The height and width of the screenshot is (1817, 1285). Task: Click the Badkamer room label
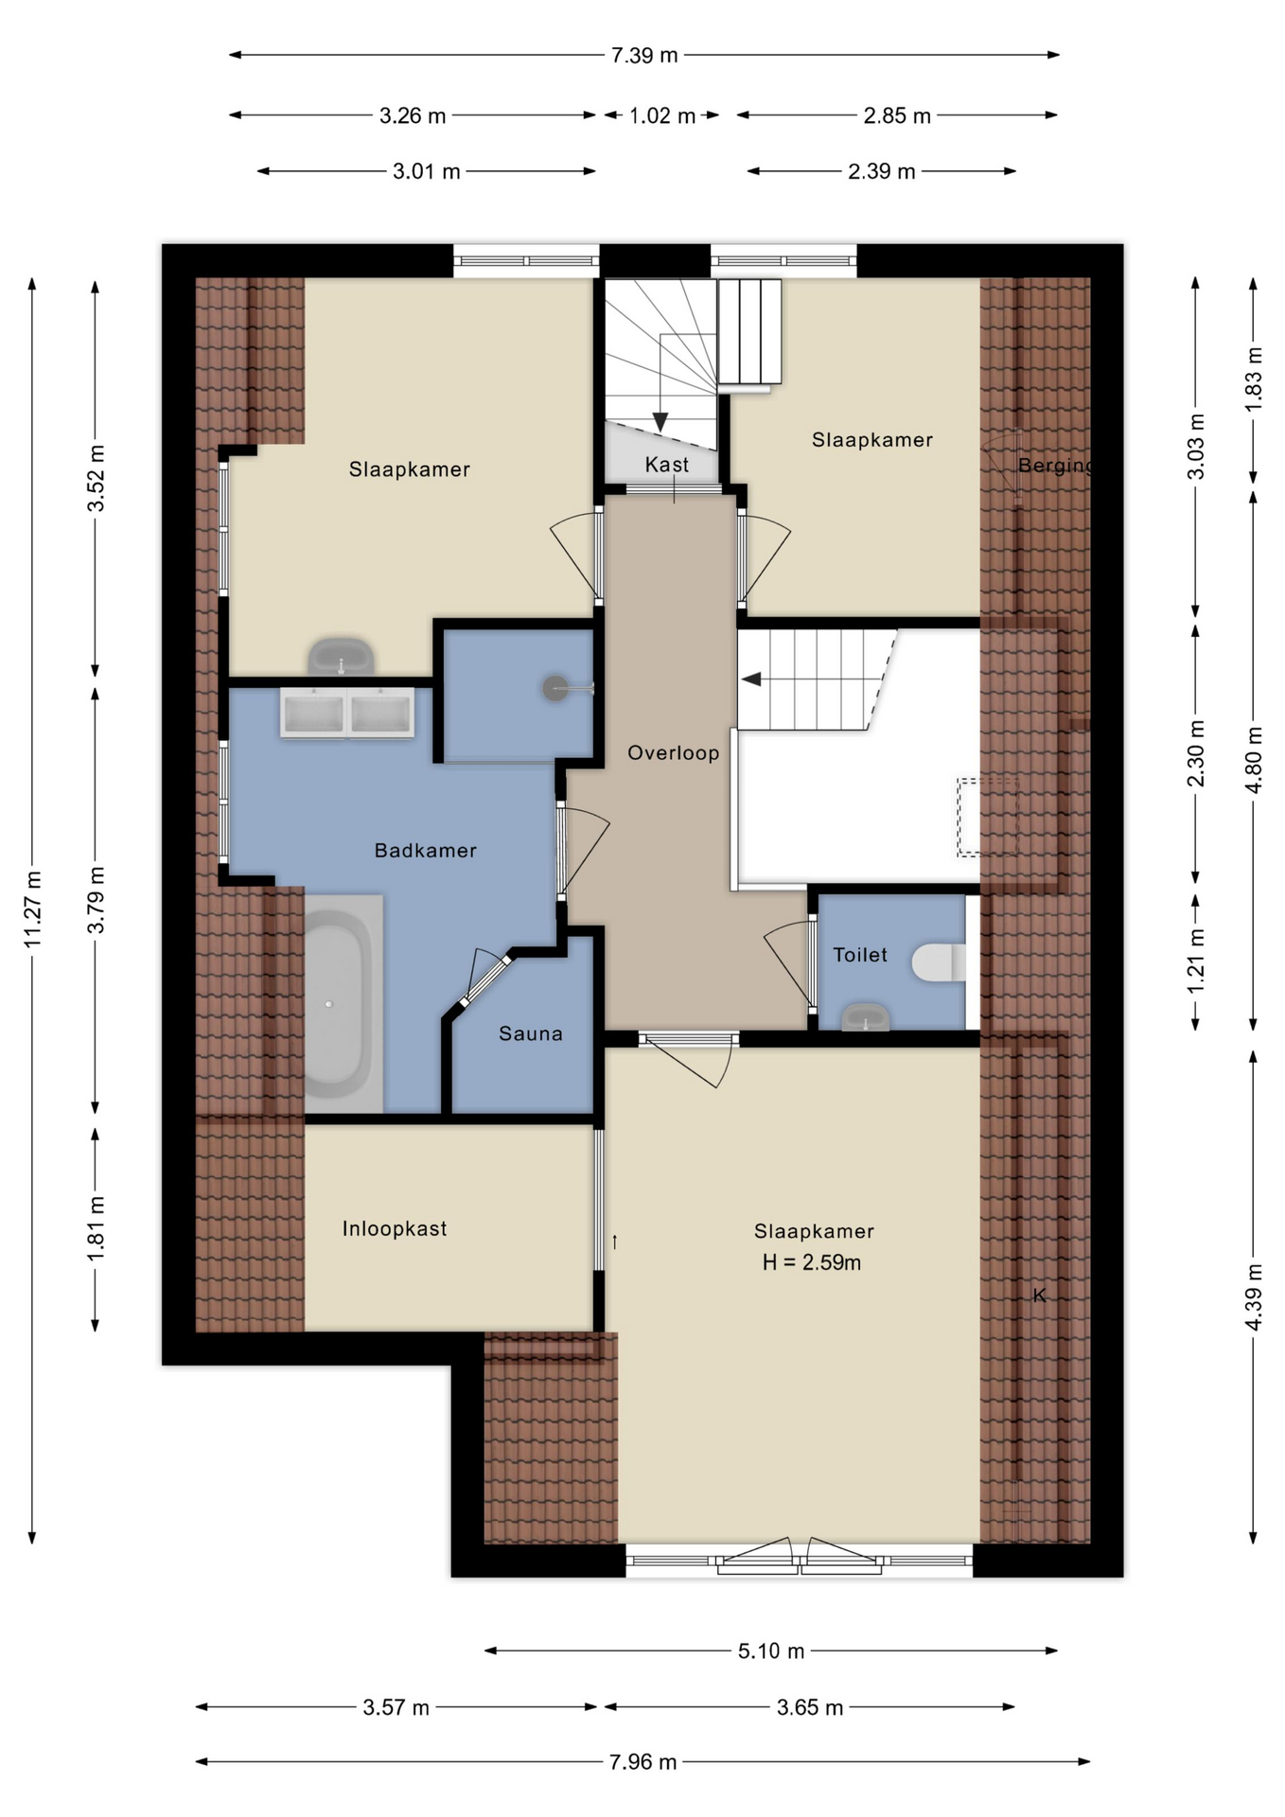click(425, 851)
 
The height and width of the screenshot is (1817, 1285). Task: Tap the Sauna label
click(531, 1034)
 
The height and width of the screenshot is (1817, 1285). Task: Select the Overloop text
click(674, 753)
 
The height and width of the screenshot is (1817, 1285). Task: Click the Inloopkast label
click(395, 1228)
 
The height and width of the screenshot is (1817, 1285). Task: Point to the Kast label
click(667, 465)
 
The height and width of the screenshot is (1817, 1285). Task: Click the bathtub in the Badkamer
click(336, 1003)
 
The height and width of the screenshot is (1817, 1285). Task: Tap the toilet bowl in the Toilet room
click(939, 962)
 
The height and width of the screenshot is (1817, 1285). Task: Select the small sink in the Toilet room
click(866, 1017)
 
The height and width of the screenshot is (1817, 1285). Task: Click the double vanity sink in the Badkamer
click(347, 713)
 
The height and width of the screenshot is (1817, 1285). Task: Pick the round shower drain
click(555, 688)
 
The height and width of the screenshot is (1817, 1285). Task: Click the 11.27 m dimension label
click(33, 908)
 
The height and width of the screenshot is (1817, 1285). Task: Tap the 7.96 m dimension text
click(643, 1762)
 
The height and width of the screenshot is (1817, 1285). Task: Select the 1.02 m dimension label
click(662, 115)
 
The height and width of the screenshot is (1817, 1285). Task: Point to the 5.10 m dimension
click(771, 1651)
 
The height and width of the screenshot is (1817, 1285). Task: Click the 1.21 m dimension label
click(1197, 961)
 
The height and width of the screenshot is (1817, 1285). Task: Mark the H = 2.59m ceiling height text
click(812, 1262)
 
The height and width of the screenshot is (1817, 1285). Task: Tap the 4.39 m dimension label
click(1254, 1297)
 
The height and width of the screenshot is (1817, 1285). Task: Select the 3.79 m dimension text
click(97, 899)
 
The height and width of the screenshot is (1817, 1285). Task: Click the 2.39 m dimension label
click(882, 171)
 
